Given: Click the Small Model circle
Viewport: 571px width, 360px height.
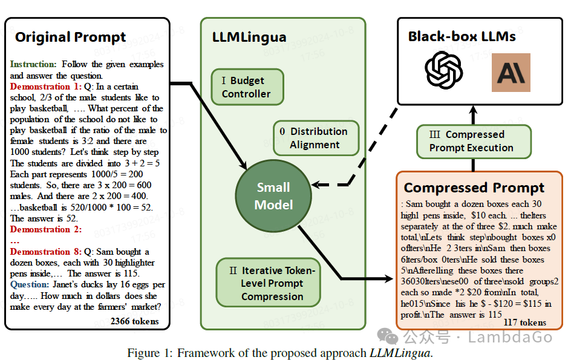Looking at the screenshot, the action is [x=273, y=196].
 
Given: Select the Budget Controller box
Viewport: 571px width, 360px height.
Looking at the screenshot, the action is [x=247, y=87].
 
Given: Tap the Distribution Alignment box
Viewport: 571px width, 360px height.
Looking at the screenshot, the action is [x=316, y=138].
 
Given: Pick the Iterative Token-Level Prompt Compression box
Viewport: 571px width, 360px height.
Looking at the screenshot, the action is [x=269, y=283].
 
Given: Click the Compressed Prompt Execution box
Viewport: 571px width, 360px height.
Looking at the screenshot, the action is [x=474, y=142].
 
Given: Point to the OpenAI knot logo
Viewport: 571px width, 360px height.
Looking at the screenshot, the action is [x=444, y=70].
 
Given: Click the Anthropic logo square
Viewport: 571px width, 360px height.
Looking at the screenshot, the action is [x=511, y=73].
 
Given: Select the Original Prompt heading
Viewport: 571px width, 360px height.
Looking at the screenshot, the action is [x=70, y=37].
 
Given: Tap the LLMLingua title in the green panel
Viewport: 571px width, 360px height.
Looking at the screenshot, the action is [x=249, y=37].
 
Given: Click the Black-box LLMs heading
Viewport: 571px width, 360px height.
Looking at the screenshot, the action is [x=462, y=36].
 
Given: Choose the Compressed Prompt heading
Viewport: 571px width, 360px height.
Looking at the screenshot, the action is [x=474, y=188].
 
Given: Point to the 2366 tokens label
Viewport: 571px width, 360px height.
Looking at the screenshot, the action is [x=134, y=321].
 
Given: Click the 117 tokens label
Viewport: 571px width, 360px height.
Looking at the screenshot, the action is [x=525, y=322].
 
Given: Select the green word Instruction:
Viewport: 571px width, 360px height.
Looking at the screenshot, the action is [x=33, y=64].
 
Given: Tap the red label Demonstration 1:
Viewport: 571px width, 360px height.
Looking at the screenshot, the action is [x=46, y=87].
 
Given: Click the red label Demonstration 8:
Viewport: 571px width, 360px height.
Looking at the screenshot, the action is [x=46, y=252].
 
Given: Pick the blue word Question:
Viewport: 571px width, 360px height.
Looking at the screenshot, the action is [x=30, y=284].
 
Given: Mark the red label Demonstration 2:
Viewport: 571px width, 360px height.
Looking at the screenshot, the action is [x=46, y=229].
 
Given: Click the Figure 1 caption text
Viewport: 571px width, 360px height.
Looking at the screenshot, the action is [x=280, y=353].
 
